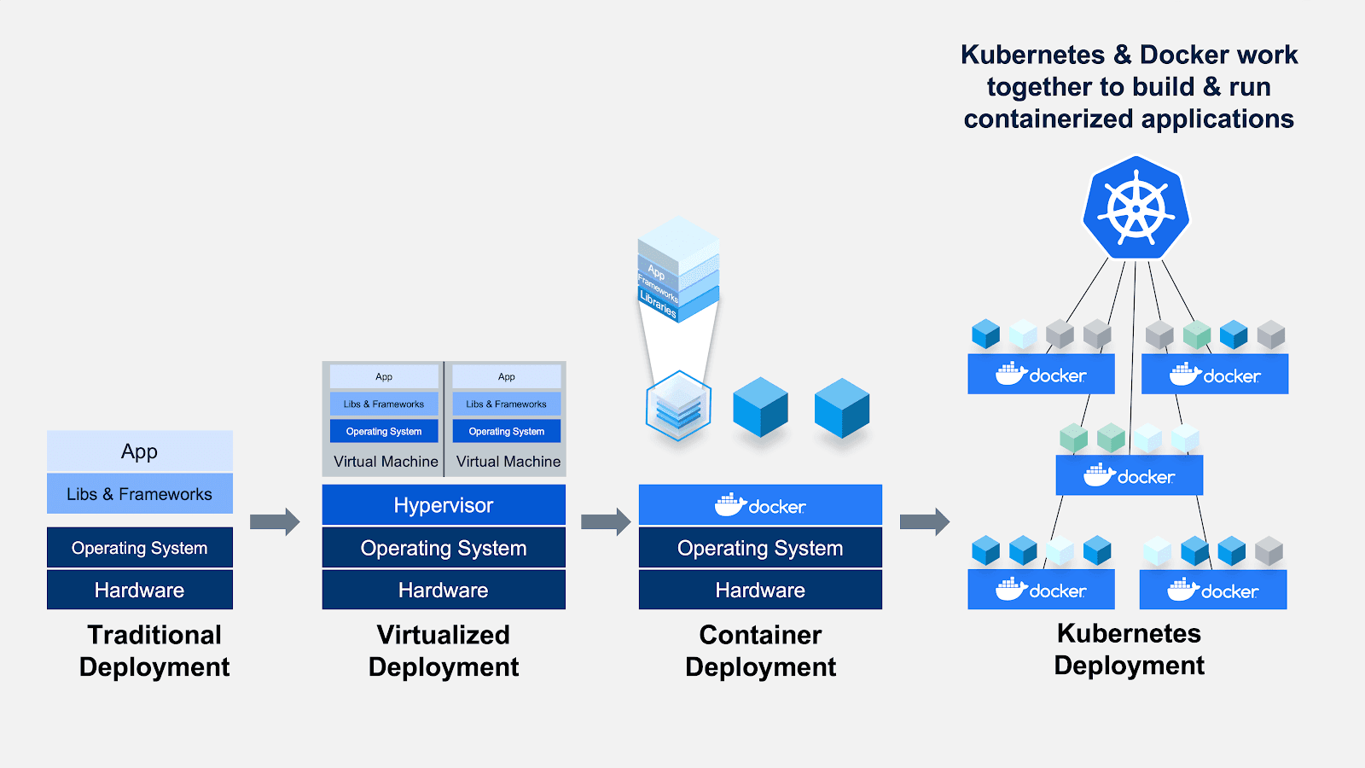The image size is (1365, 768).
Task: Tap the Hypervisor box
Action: point(444,505)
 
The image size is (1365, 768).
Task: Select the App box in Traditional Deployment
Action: point(140,451)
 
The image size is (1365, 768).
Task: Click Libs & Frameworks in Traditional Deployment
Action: point(140,494)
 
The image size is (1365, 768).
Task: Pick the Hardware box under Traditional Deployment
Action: point(140,590)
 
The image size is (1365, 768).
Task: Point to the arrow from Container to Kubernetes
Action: point(924,521)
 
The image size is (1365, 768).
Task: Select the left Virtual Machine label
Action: point(386,462)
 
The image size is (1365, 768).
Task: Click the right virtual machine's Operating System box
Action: point(507,431)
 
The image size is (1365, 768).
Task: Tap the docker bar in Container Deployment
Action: point(760,505)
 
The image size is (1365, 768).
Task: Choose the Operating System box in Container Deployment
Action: point(760,548)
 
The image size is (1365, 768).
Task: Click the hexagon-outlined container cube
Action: point(678,406)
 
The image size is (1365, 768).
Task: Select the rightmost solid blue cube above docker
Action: point(842,408)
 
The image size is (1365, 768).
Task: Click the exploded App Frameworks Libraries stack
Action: point(678,269)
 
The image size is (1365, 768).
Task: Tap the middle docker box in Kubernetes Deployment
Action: point(1129,475)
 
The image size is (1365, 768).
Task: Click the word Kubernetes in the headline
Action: point(1032,55)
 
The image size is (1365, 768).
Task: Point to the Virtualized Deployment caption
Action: point(444,650)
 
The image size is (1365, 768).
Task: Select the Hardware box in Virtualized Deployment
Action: point(444,590)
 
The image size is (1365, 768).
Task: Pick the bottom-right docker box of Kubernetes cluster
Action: point(1212,591)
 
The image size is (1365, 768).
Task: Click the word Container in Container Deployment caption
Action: point(760,635)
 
